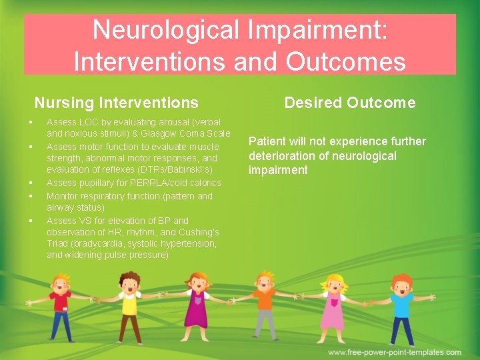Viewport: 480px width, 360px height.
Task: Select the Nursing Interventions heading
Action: (116, 103)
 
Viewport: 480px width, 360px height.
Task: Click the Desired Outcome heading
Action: (349, 103)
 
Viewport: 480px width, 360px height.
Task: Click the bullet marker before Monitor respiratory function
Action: (31, 196)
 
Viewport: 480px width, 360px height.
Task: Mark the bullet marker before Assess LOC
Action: (31, 122)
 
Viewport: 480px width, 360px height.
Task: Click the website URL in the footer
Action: (394, 352)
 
